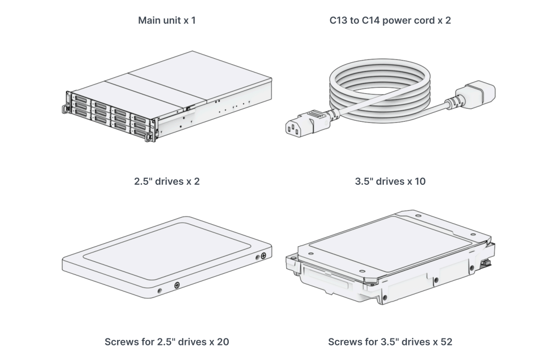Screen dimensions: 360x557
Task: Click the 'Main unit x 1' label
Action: click(x=167, y=21)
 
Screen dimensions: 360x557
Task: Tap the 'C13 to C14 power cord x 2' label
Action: click(x=390, y=21)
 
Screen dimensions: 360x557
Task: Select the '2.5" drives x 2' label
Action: click(x=167, y=181)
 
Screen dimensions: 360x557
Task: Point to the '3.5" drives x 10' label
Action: click(x=390, y=181)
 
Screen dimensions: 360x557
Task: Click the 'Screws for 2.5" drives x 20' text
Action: click(x=167, y=342)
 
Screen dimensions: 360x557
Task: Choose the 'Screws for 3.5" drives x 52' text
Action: click(x=390, y=342)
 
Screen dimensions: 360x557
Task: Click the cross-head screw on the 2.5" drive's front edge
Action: click(x=177, y=285)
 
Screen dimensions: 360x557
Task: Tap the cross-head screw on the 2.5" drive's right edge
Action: click(x=263, y=256)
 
